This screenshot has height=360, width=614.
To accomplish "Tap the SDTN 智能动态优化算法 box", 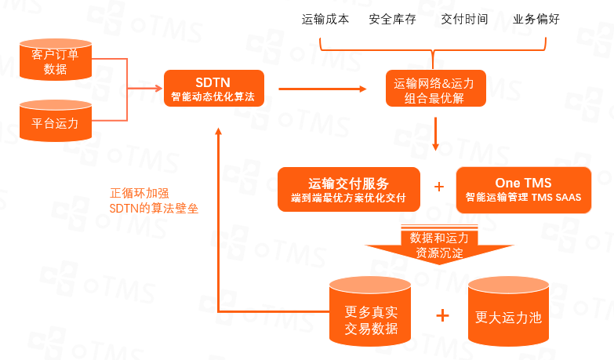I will (x=213, y=88).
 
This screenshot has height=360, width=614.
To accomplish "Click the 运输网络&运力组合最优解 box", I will (x=435, y=88).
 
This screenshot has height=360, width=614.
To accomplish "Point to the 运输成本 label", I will (x=325, y=19).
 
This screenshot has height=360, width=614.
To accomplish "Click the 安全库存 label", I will (x=391, y=19).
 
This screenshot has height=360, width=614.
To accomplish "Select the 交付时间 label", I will (x=464, y=19).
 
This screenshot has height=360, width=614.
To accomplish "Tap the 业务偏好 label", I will (x=536, y=19).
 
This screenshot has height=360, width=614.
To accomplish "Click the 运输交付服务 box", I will (x=349, y=189).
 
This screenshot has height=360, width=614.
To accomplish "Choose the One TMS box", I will (x=523, y=189).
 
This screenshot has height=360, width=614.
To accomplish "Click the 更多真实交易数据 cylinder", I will (x=370, y=312).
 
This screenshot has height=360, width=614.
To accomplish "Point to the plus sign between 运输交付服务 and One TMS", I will (x=439, y=187).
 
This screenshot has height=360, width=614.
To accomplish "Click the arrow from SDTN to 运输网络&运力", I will (x=322, y=89).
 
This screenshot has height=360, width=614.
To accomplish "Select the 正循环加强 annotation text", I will (x=138, y=192).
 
